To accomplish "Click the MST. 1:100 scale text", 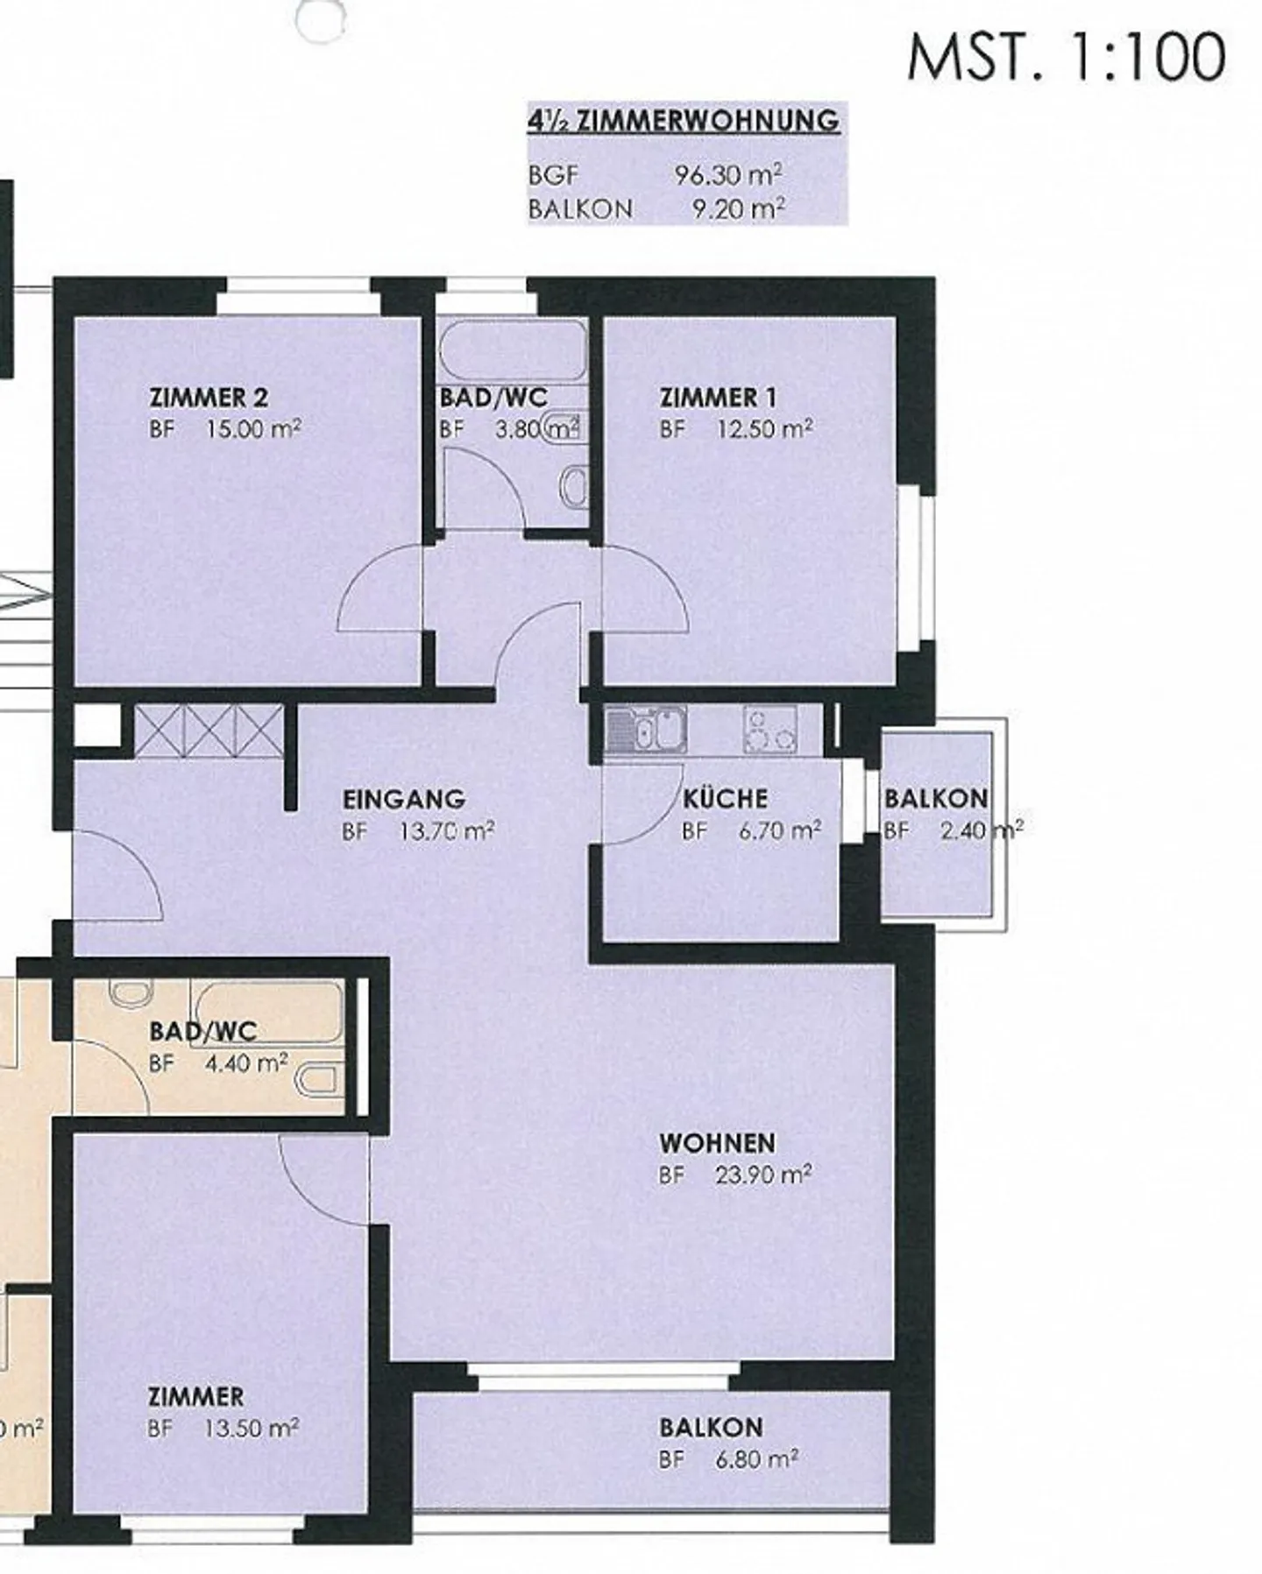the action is [x=1066, y=57].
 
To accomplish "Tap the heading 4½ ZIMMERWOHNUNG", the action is [x=684, y=120].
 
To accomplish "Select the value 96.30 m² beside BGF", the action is [x=728, y=174].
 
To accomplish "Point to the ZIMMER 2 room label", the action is [x=209, y=397].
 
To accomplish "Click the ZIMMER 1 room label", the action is [x=718, y=398].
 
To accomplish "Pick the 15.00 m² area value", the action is [x=254, y=428].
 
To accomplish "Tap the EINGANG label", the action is [x=403, y=799].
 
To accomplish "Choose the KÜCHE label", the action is [x=725, y=798].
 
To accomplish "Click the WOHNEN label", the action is [x=717, y=1143].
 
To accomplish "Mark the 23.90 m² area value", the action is [x=763, y=1174].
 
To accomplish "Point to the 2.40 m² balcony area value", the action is [x=982, y=829].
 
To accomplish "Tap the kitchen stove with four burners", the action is [x=769, y=729].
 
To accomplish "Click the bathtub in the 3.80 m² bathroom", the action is [x=513, y=350].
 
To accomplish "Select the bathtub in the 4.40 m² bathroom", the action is [x=266, y=1012].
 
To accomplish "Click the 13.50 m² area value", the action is [x=252, y=1428].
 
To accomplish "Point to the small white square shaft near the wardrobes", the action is [x=96, y=726].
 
